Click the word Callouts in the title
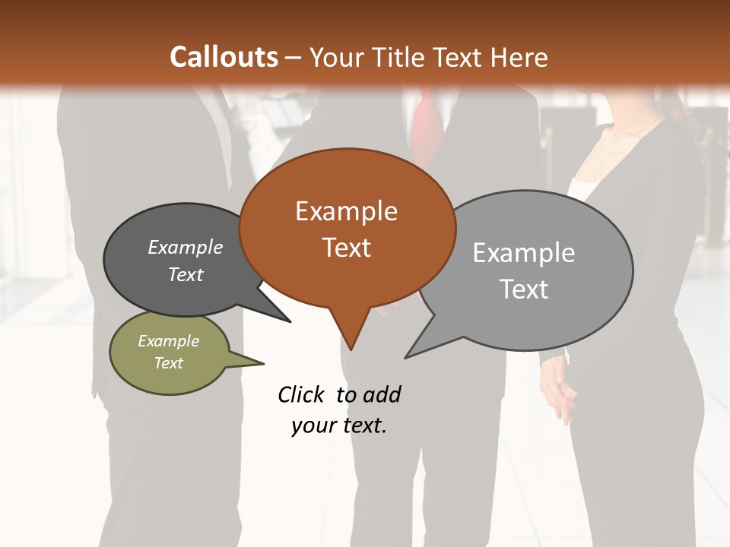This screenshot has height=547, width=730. (224, 57)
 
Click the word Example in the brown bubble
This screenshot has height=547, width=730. (346, 211)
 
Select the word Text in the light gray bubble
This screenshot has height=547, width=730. (524, 289)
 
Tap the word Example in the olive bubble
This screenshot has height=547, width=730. (168, 341)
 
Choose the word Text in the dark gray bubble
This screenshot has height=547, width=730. (186, 275)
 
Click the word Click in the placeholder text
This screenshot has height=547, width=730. (301, 394)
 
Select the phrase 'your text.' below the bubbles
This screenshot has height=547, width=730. (339, 425)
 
